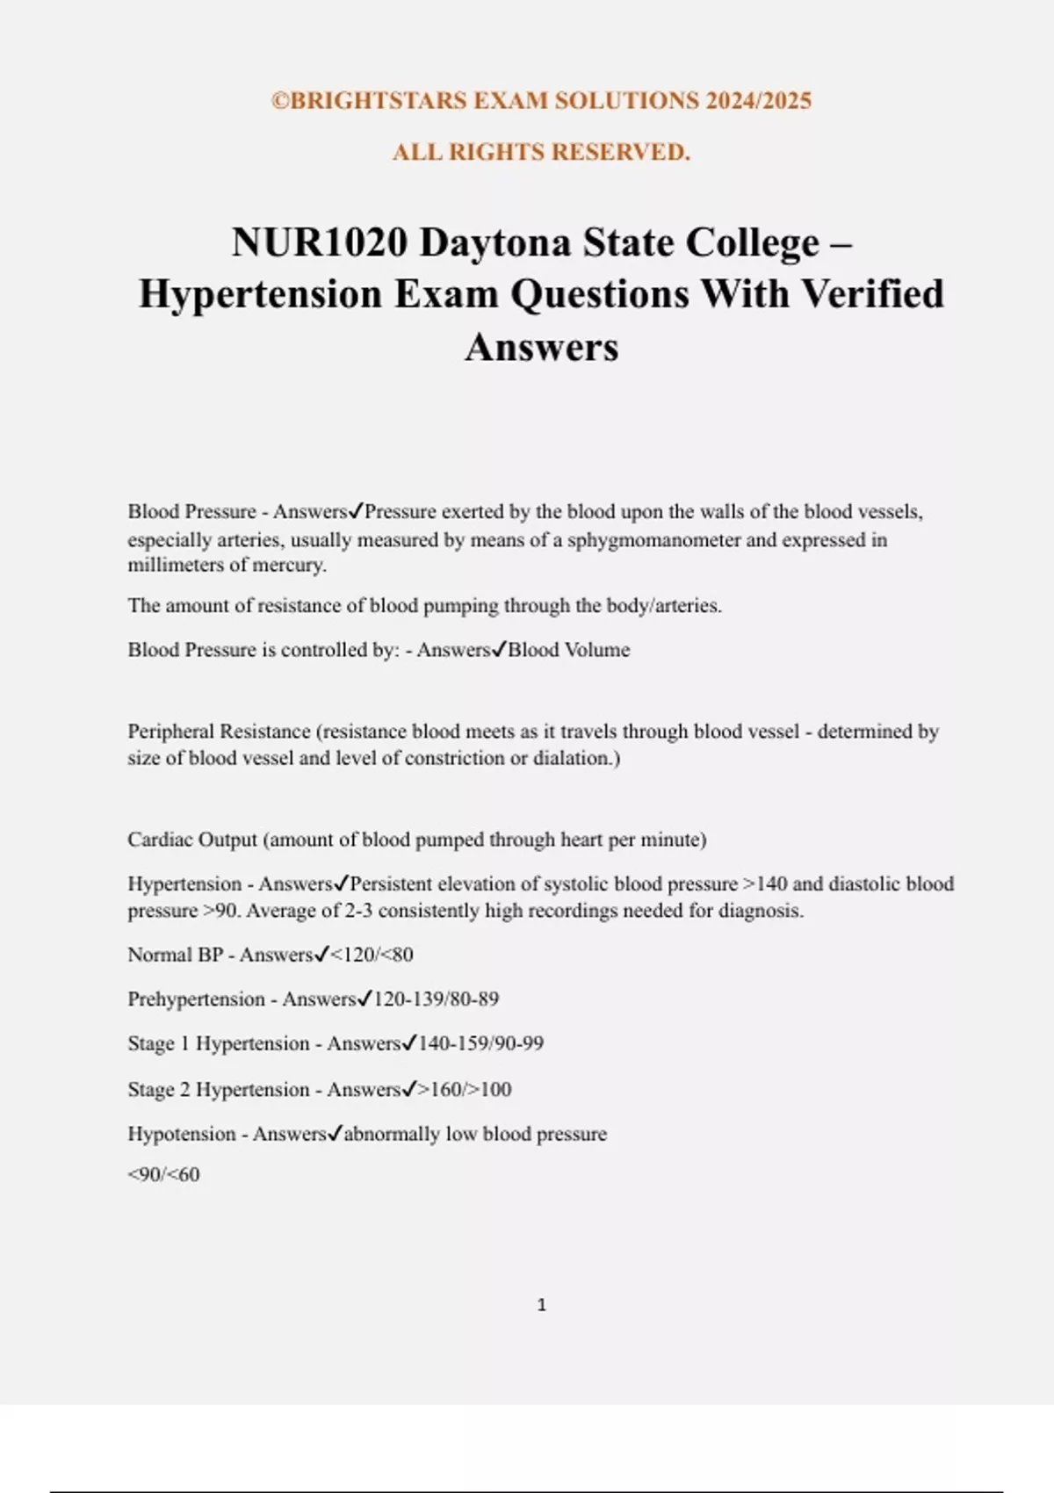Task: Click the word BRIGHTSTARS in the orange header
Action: [379, 101]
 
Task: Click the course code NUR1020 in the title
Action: [320, 243]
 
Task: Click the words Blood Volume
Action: [569, 650]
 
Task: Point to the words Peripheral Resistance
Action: [219, 732]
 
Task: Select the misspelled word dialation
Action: [574, 758]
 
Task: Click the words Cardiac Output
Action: [192, 840]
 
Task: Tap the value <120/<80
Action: [371, 955]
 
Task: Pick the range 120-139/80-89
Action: [436, 999]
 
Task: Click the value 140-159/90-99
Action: [480, 1043]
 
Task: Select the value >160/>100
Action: [465, 1090]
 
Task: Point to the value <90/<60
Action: [163, 1175]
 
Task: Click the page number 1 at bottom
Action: [541, 1305]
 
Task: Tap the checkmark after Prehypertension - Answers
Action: [365, 999]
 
